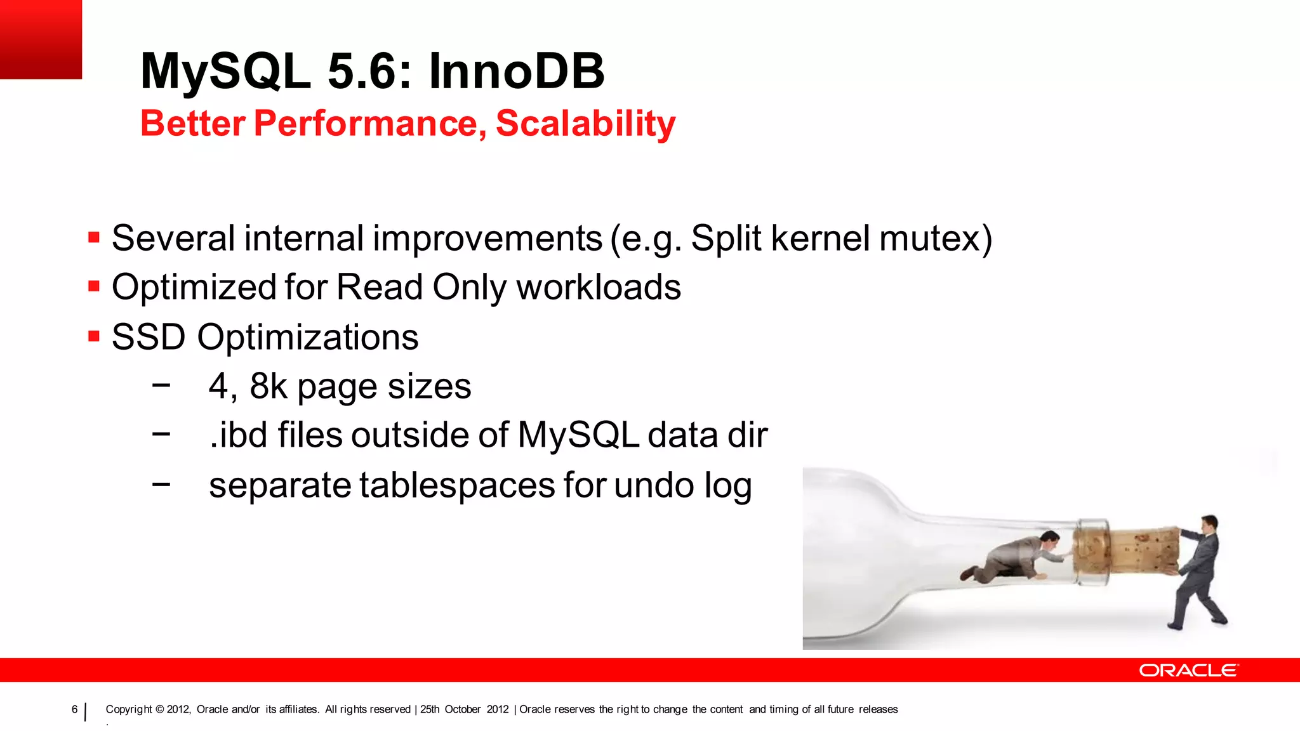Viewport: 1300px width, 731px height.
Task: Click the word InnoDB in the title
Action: pos(516,71)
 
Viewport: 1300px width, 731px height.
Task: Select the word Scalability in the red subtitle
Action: pos(585,123)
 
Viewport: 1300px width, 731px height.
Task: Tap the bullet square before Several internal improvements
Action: pos(94,238)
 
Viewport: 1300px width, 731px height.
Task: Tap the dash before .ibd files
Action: pos(161,434)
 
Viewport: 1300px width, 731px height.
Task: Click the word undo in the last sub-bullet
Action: pos(654,485)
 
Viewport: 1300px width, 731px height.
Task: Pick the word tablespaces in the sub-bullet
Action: pos(457,485)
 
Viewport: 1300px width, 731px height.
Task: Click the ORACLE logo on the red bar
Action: pos(1188,671)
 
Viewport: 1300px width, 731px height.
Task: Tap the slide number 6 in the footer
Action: pos(74,709)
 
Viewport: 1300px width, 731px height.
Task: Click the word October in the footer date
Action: pos(462,709)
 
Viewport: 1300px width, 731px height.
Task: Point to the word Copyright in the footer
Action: pos(129,709)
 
